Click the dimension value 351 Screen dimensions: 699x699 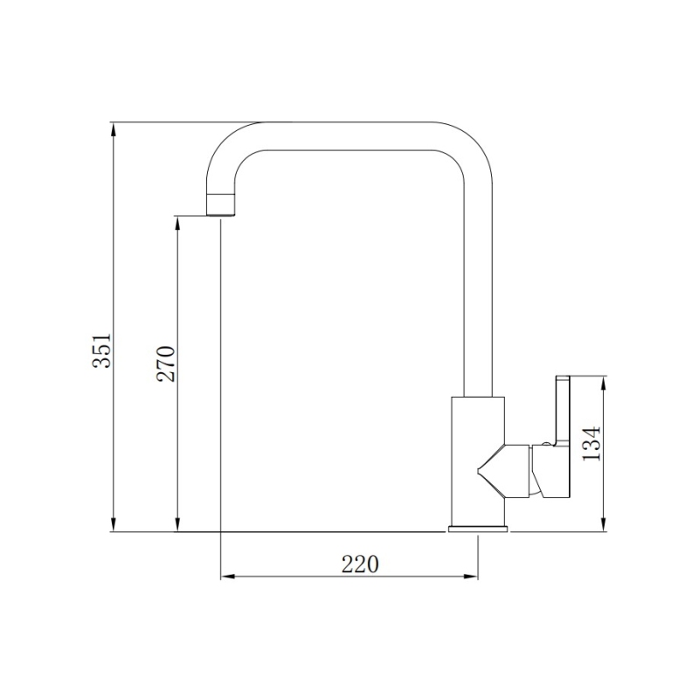point(102,349)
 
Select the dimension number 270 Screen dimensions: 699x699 point(166,363)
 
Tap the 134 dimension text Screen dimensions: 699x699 point(592,445)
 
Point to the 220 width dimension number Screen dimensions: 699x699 point(359,564)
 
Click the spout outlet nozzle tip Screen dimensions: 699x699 point(221,206)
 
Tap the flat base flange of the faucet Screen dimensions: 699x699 point(478,528)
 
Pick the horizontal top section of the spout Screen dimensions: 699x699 point(349,135)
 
